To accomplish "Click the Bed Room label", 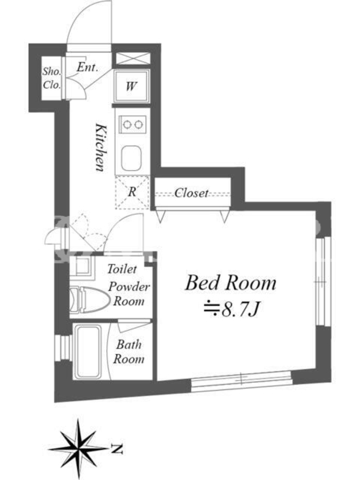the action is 230,283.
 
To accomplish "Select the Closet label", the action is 191,193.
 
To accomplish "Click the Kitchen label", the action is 101,147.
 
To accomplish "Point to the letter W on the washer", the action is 131,86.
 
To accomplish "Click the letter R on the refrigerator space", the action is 132,192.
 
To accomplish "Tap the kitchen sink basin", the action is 131,158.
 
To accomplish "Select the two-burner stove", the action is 133,124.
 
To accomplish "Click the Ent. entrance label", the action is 87,67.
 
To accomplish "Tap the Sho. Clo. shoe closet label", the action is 52,78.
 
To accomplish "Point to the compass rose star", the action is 79,449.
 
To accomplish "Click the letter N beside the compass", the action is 117,449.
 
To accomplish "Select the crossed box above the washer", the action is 133,59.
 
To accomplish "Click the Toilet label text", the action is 122,269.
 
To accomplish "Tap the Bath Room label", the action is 128,352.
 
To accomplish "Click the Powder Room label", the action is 129,294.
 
